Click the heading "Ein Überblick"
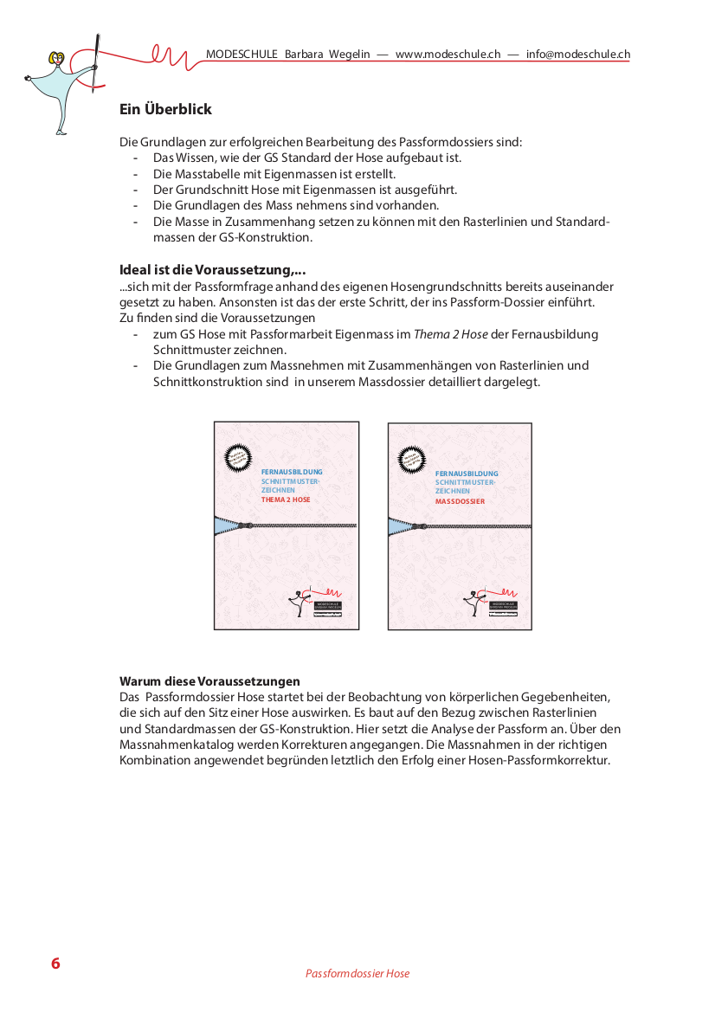pos(165,110)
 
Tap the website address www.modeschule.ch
pos(448,54)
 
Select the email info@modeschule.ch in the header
pos(577,54)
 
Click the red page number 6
pos(55,964)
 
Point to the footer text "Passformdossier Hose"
pos(357,974)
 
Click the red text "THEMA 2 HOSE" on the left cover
pos(286,500)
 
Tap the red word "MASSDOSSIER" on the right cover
pos(460,501)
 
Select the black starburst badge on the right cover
pos(411,458)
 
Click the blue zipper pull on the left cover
pos(247,525)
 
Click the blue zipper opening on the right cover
pos(401,526)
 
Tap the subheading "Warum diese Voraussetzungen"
pos(209,681)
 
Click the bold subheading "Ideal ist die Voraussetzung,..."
pos(212,270)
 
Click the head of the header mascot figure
pos(58,61)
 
